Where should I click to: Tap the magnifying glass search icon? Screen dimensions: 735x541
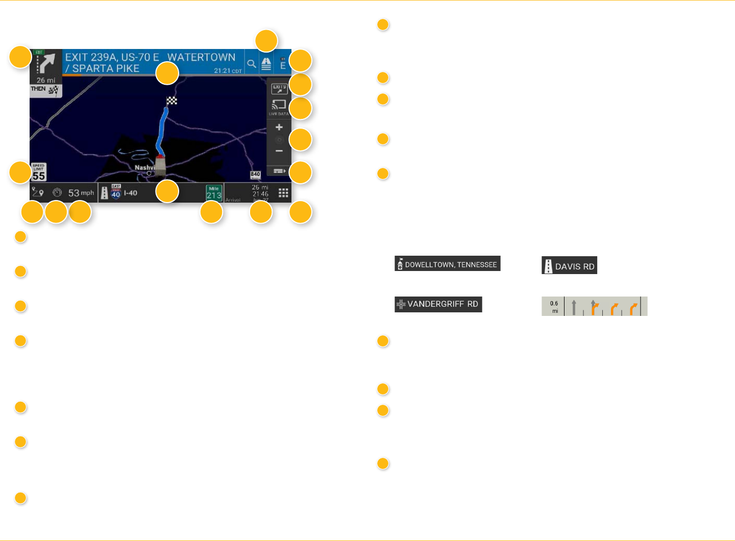pos(251,64)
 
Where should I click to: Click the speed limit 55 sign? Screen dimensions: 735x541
pos(39,173)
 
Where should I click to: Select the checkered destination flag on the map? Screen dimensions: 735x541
pos(172,101)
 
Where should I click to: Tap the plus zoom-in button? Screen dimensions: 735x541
pos(279,127)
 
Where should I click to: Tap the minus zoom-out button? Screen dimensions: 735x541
pos(279,151)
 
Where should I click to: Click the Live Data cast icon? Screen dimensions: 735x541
pos(279,106)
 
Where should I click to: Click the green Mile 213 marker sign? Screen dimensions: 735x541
pos(214,193)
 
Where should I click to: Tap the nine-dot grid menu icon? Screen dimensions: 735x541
pos(283,193)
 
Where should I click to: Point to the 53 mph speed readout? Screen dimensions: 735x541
pos(81,193)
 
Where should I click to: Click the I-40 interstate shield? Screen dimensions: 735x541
pos(116,192)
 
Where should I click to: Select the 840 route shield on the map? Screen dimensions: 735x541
pos(255,175)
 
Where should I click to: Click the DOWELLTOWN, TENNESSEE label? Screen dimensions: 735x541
pos(448,264)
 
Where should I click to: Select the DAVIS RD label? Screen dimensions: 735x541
pos(570,266)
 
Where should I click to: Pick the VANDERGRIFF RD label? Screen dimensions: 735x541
pos(438,304)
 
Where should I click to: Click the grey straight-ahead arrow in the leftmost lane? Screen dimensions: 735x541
pos(574,307)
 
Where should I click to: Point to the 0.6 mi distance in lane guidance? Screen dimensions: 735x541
pos(554,307)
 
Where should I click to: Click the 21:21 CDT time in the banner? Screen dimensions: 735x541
pos(228,71)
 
